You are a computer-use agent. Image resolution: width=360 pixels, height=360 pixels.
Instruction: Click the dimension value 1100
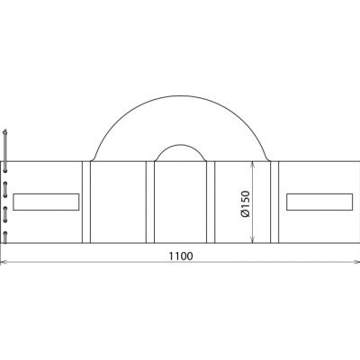click(x=181, y=256)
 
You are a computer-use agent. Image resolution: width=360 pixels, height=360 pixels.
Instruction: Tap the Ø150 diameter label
click(x=245, y=203)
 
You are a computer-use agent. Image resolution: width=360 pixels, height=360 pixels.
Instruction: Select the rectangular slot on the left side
click(x=46, y=202)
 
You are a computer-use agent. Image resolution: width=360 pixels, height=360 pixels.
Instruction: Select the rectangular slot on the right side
click(x=319, y=202)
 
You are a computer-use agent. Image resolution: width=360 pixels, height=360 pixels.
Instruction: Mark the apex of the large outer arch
click(x=181, y=96)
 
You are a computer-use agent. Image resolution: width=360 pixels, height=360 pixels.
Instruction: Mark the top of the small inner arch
click(x=181, y=145)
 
